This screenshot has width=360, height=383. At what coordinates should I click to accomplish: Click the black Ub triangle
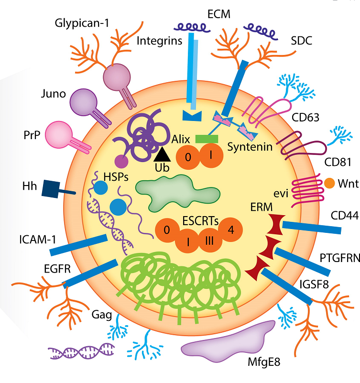[162, 154]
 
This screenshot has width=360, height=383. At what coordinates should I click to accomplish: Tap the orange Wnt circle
[329, 183]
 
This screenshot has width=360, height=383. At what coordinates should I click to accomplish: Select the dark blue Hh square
[51, 189]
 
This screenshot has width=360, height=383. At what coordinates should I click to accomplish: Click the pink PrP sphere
[59, 134]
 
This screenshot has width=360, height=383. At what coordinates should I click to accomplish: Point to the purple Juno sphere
[83, 102]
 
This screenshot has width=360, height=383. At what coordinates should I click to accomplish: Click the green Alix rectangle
[207, 139]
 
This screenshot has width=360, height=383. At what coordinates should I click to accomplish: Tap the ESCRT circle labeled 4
[230, 230]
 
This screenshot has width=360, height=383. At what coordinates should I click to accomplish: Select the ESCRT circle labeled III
[210, 241]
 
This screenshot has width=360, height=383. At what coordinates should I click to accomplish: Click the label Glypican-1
[82, 24]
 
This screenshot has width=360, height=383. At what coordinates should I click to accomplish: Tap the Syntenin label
[250, 147]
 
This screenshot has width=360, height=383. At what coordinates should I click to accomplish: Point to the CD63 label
[305, 118]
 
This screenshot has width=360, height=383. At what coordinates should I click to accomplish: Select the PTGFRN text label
[340, 258]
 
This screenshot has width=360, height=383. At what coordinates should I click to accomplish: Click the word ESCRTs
[200, 221]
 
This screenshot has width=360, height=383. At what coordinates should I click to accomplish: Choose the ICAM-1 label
[38, 240]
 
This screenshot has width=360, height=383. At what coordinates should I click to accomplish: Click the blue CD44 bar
[312, 227]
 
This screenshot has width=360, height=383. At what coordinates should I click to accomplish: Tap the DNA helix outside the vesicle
[81, 351]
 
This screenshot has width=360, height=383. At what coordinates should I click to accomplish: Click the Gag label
[102, 315]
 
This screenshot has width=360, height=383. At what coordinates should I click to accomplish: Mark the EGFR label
[57, 269]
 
